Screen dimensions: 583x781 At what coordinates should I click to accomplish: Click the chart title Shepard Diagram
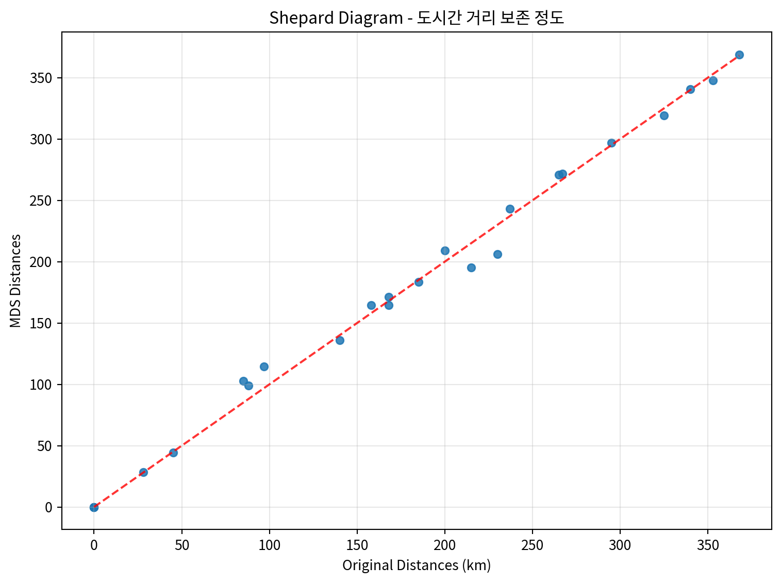[x=417, y=18]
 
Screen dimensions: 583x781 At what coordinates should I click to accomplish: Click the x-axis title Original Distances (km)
[x=417, y=565]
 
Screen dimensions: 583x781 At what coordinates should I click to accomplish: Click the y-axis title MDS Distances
[x=16, y=280]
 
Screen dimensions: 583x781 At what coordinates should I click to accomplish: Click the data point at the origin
[x=94, y=507]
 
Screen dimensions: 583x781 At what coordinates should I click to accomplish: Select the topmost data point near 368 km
[x=739, y=55]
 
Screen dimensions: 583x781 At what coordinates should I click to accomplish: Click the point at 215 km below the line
[x=471, y=268]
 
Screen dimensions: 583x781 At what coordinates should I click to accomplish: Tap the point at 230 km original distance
[x=497, y=254]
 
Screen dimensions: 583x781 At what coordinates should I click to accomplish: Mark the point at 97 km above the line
[x=264, y=367]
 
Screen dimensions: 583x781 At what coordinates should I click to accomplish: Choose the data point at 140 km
[x=340, y=340]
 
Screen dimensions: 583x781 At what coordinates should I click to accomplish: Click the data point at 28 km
[x=143, y=472]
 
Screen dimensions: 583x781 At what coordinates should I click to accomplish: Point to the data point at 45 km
[x=173, y=453]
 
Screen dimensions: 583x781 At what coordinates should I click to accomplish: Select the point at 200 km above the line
[x=445, y=251]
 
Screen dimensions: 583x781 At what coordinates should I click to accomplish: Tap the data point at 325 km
[x=664, y=115]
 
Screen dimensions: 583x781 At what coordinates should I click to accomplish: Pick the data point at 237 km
[x=510, y=209]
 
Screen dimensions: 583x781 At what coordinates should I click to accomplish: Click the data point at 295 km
[x=611, y=143]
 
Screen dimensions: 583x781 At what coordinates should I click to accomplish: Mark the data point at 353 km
[x=713, y=80]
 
